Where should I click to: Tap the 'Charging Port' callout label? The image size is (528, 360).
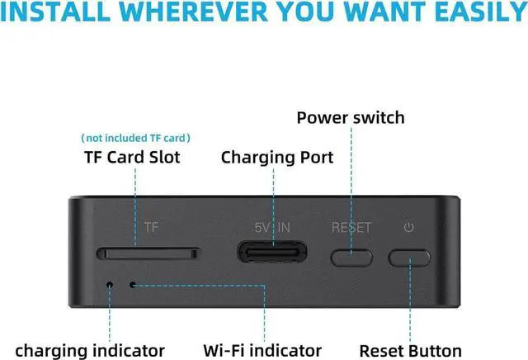[x=277, y=157]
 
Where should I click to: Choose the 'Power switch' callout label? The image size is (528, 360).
[x=351, y=117]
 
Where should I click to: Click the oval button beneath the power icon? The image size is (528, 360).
[x=411, y=258]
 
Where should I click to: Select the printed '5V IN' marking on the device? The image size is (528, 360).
[x=272, y=227]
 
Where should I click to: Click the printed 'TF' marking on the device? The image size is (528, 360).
[x=151, y=227]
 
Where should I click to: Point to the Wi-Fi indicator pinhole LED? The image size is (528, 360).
[x=134, y=285]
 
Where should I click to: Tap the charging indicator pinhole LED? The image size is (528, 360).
[x=110, y=285]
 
